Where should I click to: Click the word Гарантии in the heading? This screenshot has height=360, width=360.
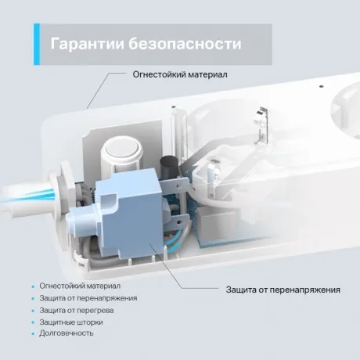(x=87, y=44)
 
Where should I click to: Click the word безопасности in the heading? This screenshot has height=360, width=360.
(x=185, y=44)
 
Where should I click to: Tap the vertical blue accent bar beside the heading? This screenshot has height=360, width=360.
(x=37, y=44)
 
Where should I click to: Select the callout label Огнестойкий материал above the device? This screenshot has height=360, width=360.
(x=180, y=74)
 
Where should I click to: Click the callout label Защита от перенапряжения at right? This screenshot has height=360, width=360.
(x=283, y=290)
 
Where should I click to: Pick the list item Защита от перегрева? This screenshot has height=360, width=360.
(x=77, y=311)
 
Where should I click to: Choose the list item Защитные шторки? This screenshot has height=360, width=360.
(x=71, y=322)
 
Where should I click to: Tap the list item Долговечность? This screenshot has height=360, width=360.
(x=67, y=333)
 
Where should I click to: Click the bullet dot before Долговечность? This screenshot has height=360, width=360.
(x=33, y=333)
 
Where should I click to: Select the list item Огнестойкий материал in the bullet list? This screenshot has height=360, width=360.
(x=80, y=286)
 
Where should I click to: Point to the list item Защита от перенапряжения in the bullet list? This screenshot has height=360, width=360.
(x=88, y=298)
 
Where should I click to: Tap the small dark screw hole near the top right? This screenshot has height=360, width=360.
(x=322, y=86)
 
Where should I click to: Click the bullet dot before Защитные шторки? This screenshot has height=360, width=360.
(x=33, y=322)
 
